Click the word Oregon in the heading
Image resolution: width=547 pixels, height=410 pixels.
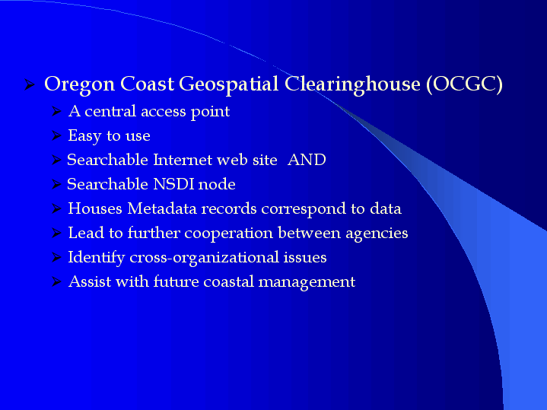click(80, 84)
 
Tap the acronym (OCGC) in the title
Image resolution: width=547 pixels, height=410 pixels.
click(464, 84)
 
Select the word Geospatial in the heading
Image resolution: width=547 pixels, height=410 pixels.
click(228, 84)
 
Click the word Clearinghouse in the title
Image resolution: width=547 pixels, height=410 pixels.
click(352, 84)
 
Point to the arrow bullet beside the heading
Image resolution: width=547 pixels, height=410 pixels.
click(30, 84)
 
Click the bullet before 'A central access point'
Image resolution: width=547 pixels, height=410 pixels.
click(56, 111)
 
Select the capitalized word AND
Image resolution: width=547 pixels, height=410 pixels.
click(307, 160)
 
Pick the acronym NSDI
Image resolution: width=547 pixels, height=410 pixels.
click(173, 184)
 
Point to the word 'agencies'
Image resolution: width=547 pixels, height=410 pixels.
click(377, 234)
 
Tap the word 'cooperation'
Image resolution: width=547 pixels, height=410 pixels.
click(228, 234)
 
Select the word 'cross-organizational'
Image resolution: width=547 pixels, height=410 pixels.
click(204, 258)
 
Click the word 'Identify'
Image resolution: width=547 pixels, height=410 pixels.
click(97, 258)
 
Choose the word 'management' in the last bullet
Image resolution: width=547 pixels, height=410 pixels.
click(307, 282)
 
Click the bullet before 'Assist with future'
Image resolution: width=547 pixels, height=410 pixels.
click(56, 281)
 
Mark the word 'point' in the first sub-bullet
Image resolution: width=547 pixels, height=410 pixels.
click(211, 112)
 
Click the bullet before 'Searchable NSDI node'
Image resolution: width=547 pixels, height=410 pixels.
click(56, 184)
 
